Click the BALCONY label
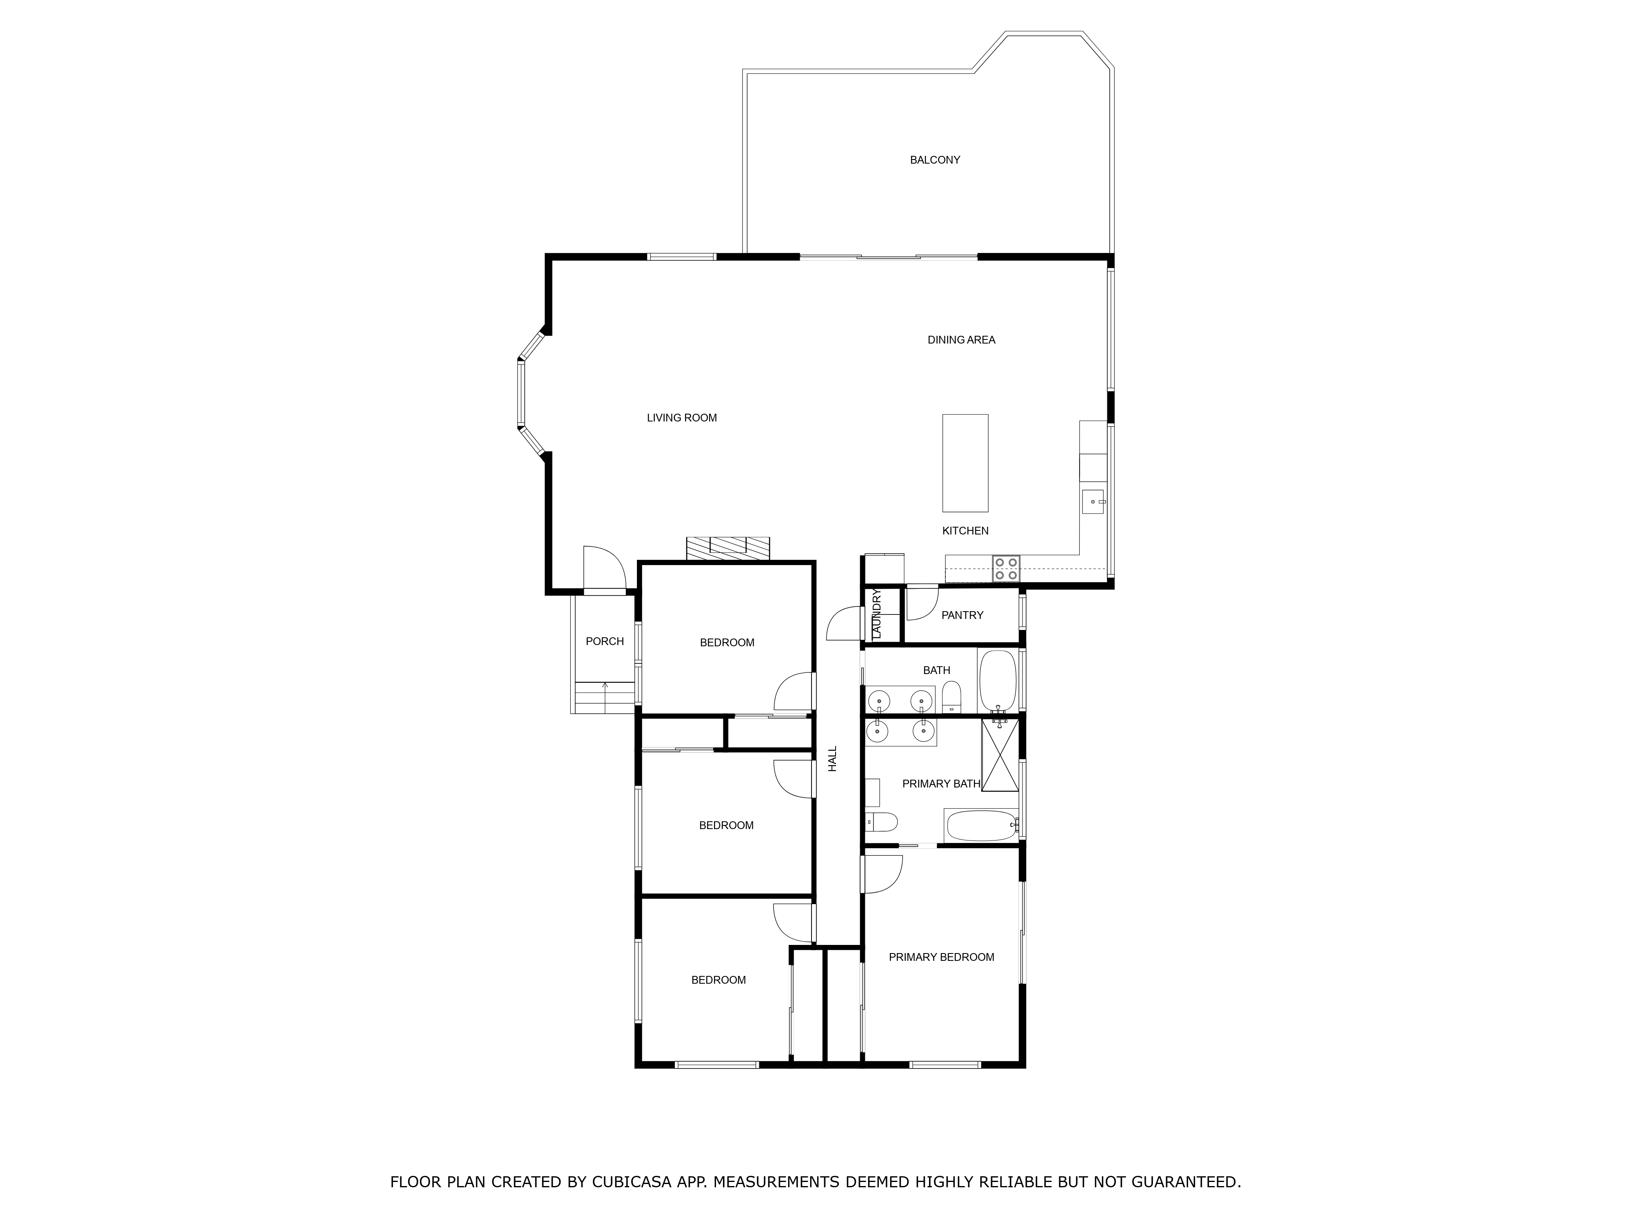click(935, 160)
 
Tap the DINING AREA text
click(961, 340)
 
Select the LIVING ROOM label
click(682, 418)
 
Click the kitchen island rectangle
click(965, 463)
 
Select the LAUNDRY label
click(876, 614)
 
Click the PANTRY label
click(962, 615)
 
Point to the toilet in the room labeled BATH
click(952, 697)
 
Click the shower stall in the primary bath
click(1000, 755)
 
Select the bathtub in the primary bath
click(981, 826)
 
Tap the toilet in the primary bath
click(881, 821)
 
